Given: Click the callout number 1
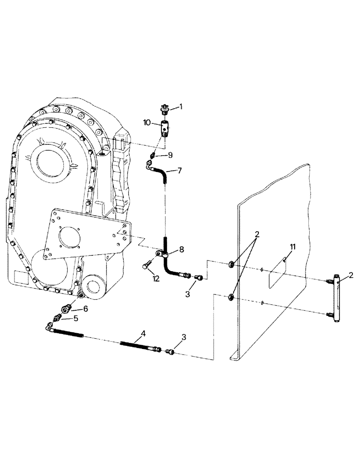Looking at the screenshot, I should coord(181,107).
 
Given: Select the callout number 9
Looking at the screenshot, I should coord(170,156).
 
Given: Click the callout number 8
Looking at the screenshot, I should coord(181,250).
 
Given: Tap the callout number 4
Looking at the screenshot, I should coord(144,334).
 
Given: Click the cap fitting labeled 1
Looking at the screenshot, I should coord(165,110).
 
